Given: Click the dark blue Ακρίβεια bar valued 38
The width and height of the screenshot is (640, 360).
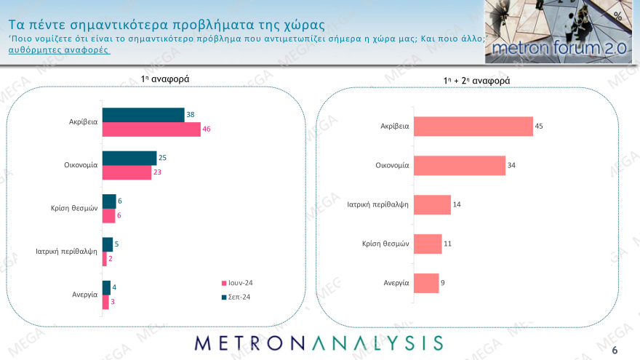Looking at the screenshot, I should point(143,115).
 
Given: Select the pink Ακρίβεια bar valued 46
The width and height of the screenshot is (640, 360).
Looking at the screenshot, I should point(151,129).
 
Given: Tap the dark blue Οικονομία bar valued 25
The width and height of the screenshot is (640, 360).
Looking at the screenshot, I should point(129,158).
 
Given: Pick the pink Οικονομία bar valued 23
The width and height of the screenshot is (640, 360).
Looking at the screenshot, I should point(127,172).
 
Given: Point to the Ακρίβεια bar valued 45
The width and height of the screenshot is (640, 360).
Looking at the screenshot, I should point(473,126).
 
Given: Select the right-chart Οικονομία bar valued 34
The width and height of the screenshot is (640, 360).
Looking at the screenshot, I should point(459,165).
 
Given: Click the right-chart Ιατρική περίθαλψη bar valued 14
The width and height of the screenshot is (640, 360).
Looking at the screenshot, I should point(432,205).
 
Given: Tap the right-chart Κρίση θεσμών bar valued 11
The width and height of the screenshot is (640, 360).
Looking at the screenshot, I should point(428,244).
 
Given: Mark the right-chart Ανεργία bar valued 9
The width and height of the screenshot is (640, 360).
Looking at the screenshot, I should point(426,283).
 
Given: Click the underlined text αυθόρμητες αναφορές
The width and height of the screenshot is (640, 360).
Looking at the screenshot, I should point(58,50).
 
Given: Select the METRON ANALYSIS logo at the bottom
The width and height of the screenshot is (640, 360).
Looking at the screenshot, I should point(319,343).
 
